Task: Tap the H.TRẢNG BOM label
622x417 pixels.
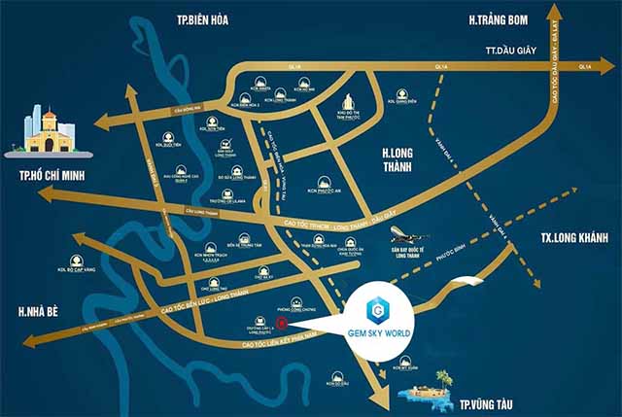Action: [505, 19]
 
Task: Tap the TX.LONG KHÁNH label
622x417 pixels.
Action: [572, 238]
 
